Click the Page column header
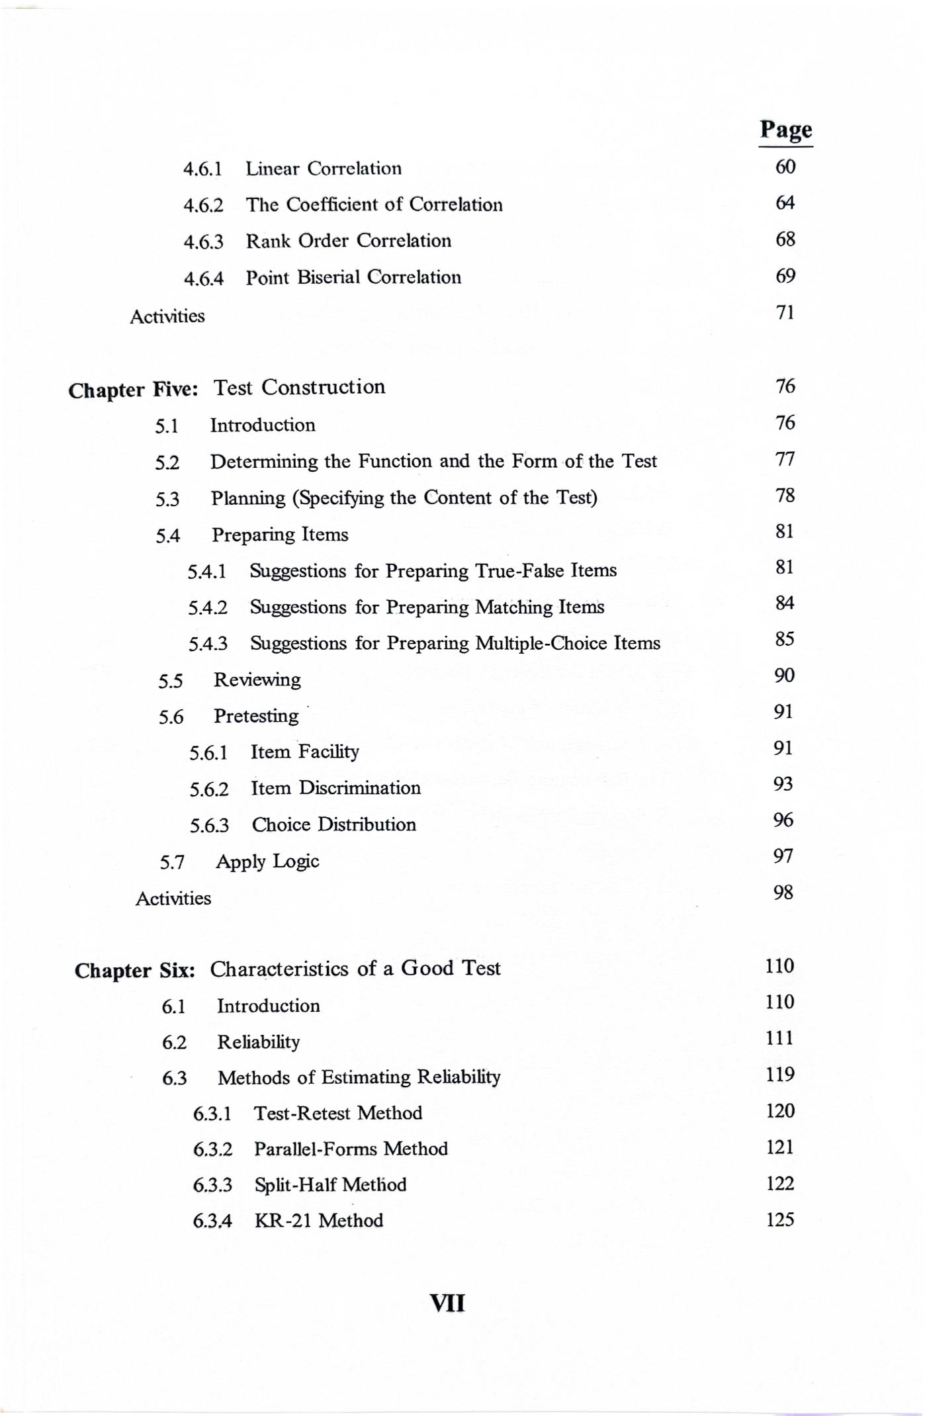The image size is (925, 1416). point(785,130)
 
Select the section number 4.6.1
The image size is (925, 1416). point(202,169)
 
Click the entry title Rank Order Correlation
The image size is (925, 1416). point(349,240)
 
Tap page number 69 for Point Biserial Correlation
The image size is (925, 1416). point(785,276)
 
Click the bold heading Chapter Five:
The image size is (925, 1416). point(133,390)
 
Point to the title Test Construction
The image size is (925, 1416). point(299,387)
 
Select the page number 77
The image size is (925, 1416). point(785,459)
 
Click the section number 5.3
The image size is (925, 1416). point(167,499)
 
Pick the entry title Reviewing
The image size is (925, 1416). point(257,680)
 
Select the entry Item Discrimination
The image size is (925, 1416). point(335,788)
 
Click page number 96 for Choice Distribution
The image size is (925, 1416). point(783,820)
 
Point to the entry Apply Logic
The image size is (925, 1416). point(267,862)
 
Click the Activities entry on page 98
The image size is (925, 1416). point(173,899)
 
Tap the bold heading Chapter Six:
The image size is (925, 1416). point(135,971)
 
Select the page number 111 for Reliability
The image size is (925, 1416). point(779,1038)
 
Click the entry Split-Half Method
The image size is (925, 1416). point(330,1184)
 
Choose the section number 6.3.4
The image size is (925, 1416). point(212,1221)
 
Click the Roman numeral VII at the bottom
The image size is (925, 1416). point(447,1304)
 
